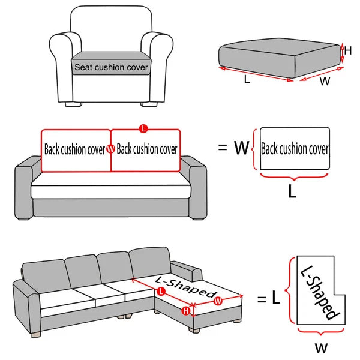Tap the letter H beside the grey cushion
(347, 51)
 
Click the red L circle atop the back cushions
(142, 128)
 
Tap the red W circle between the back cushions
(110, 149)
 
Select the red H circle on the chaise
(186, 310)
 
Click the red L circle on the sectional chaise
(161, 292)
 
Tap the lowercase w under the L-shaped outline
(321, 347)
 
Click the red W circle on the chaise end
(218, 301)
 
